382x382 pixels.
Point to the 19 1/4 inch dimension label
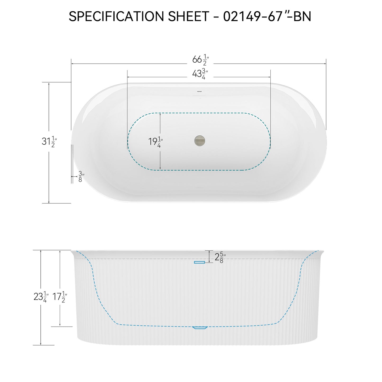(x=155, y=142)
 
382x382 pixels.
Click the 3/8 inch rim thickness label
(x=81, y=177)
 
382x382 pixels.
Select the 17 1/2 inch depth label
(x=60, y=297)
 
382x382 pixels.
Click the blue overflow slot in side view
(x=200, y=262)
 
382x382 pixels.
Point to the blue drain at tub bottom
(x=200, y=328)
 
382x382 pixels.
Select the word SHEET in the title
(x=189, y=16)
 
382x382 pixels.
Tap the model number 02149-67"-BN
(x=267, y=16)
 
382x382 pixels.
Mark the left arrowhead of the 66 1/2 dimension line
(x=72, y=64)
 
